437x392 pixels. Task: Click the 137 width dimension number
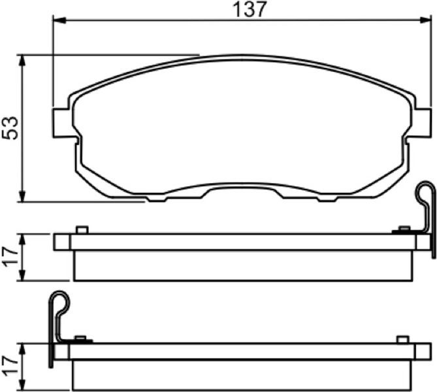(250, 9)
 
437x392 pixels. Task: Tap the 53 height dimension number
(10, 128)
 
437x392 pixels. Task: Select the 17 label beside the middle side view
(10, 257)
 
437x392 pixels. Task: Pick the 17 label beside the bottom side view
(10, 366)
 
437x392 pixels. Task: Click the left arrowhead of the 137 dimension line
(59, 20)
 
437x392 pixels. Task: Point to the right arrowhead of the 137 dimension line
(425, 20)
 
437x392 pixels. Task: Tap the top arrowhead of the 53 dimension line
(22, 61)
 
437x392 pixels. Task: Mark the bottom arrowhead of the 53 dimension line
(22, 196)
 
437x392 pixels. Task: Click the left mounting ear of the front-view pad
(61, 123)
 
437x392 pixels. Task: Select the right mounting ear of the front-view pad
(423, 123)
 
